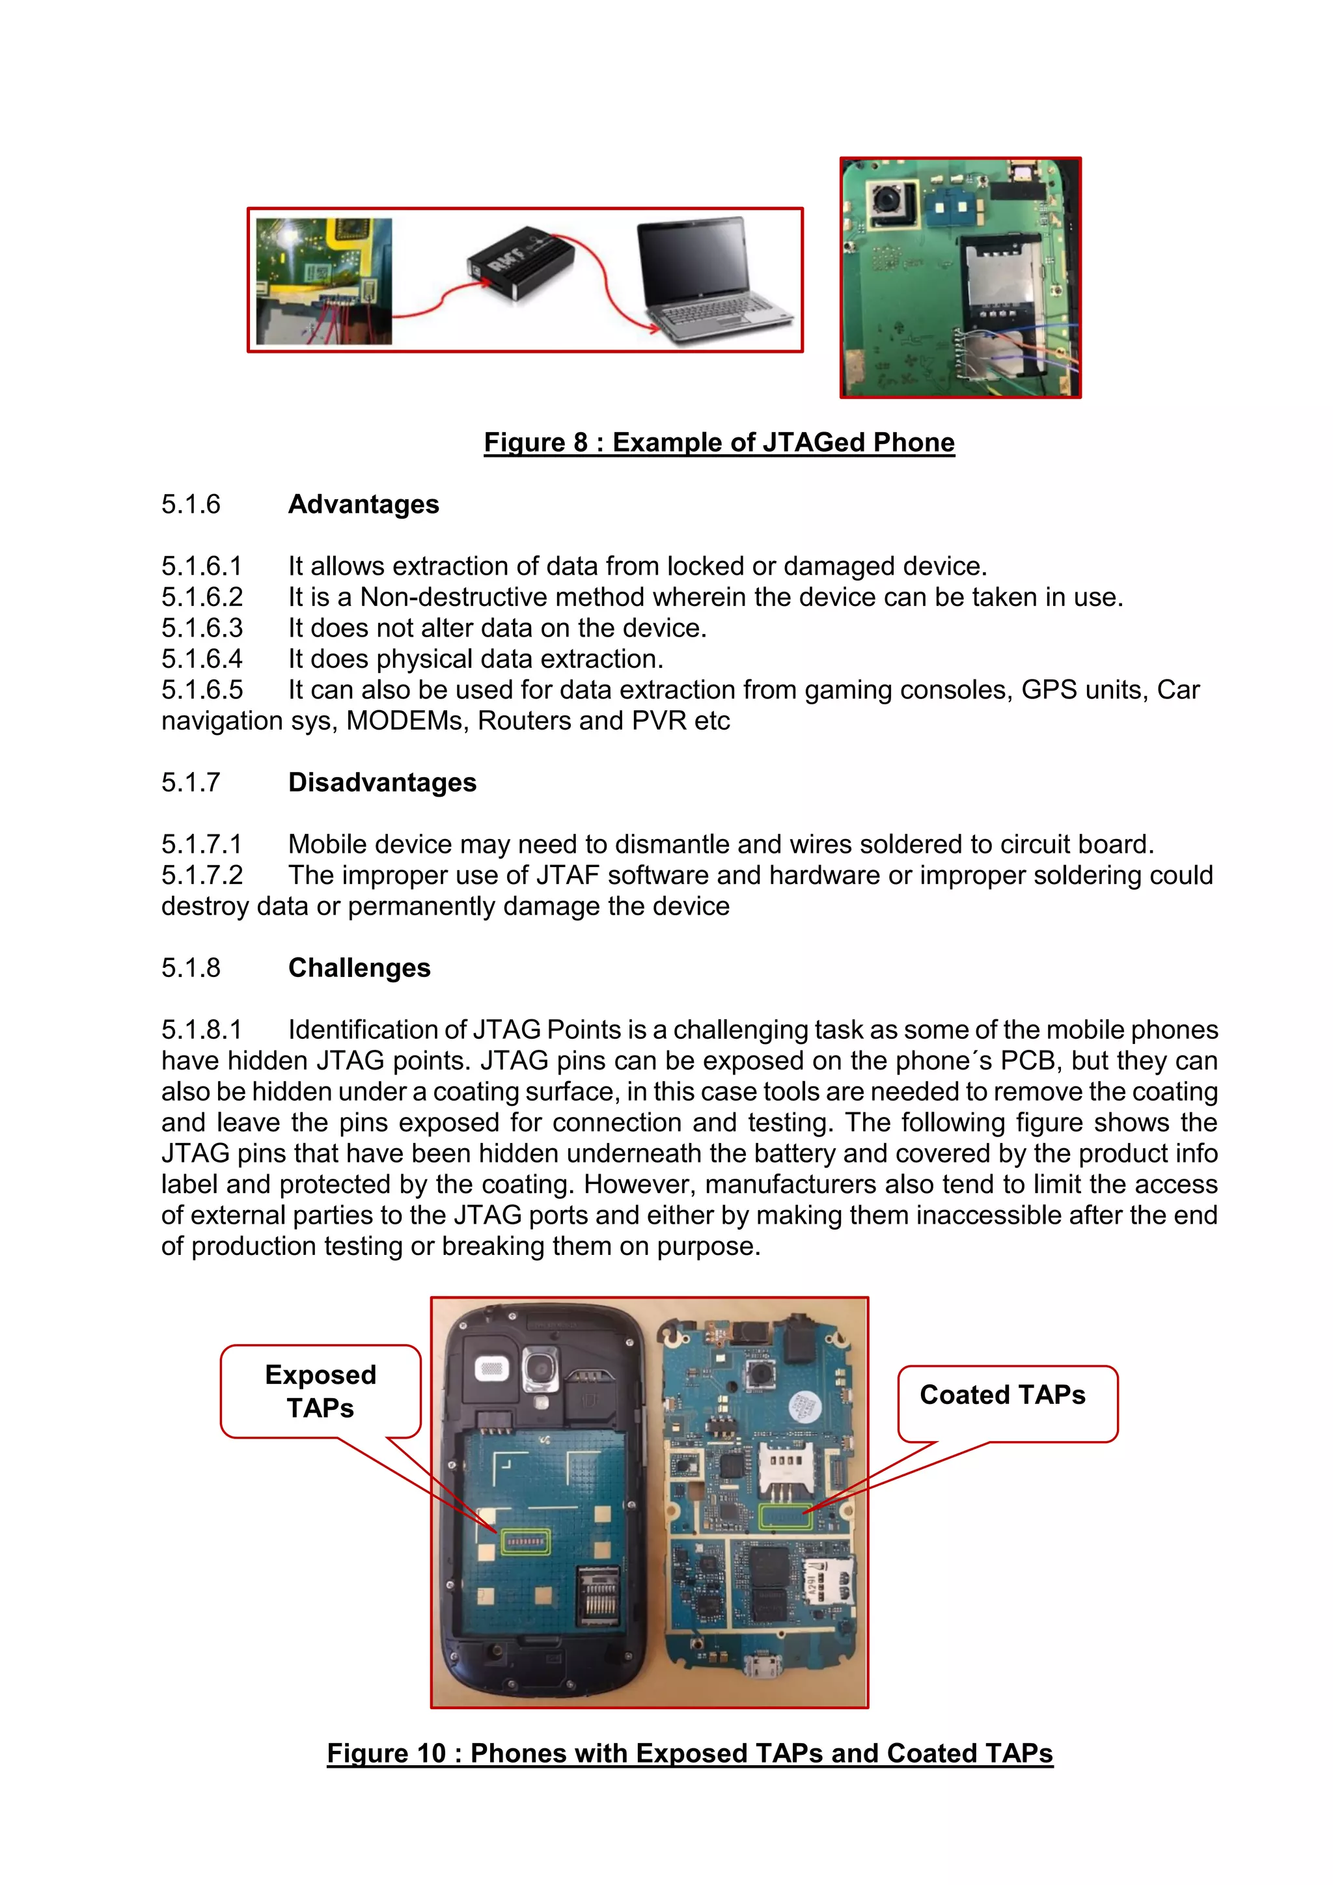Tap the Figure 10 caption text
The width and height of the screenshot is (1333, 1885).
[689, 1753]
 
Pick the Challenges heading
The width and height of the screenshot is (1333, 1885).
[359, 968]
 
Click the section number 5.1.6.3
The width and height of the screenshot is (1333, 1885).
[202, 628]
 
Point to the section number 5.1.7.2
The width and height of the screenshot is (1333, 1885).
[202, 875]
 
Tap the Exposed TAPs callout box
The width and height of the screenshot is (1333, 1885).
[320, 1391]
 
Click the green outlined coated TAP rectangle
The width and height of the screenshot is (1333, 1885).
[786, 1517]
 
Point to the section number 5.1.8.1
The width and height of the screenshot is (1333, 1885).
[202, 1030]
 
